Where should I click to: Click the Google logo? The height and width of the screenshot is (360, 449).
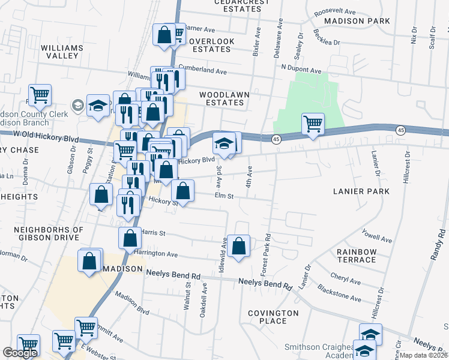[x=20, y=353]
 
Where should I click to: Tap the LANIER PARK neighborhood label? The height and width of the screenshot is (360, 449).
[x=361, y=191]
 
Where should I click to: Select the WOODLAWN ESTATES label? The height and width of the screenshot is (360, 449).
[x=221, y=98]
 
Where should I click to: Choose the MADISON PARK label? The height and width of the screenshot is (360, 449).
[x=357, y=21]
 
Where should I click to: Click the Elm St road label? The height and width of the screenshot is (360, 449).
[x=223, y=196]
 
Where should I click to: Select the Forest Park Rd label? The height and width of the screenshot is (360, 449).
[x=264, y=250]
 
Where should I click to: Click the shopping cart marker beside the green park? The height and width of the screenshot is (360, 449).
[x=313, y=124]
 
